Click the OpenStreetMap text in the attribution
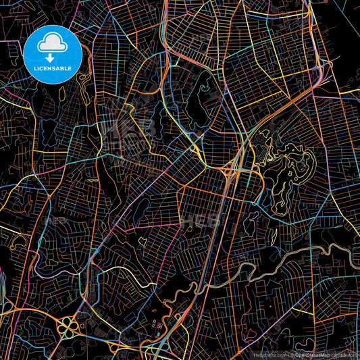tap(312, 354)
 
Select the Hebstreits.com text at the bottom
tap(268, 354)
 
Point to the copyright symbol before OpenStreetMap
tap(292, 354)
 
